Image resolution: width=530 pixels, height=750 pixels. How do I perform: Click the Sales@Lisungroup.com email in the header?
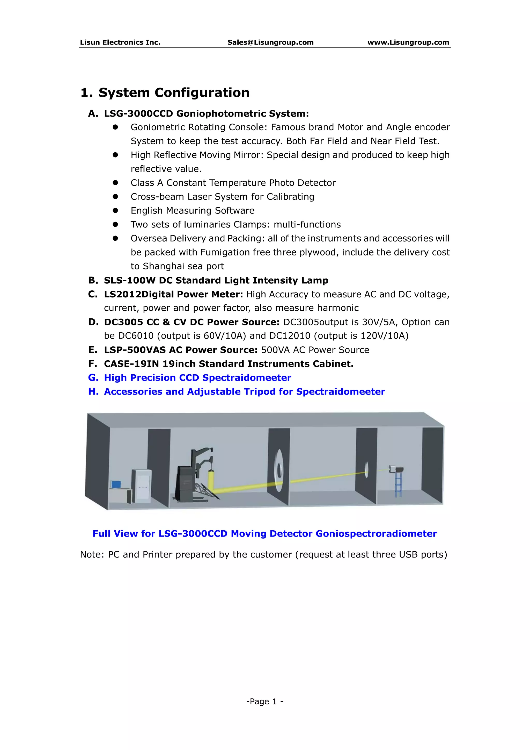tap(270, 42)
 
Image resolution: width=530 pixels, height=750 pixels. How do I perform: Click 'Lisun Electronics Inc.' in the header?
tap(120, 42)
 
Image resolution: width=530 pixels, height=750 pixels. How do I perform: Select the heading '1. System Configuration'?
tap(165, 93)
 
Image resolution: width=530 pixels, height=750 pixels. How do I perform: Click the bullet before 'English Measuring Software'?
tap(115, 211)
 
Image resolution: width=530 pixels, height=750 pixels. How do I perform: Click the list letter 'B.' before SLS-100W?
tap(93, 280)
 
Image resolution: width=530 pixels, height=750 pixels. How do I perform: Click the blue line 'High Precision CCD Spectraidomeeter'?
tap(197, 378)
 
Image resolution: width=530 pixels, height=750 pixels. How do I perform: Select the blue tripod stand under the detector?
tap(398, 485)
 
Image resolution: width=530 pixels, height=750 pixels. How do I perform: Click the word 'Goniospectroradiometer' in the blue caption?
tap(376, 533)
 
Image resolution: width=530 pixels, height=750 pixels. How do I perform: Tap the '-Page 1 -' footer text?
tap(265, 701)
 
